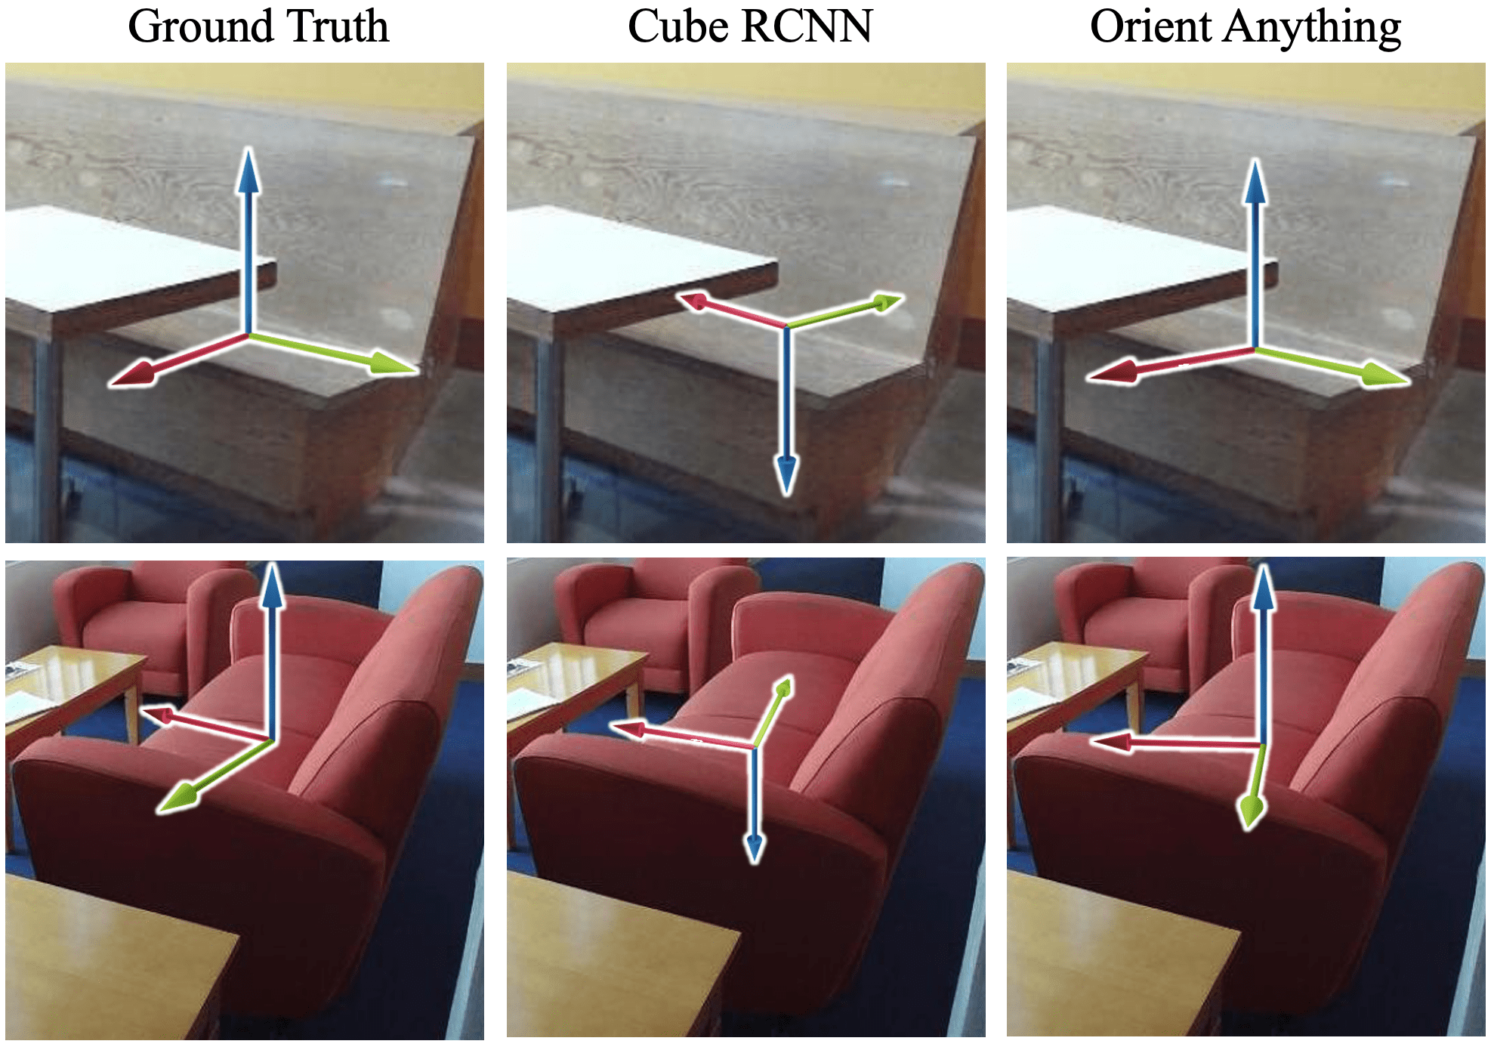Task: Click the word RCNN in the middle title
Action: click(x=807, y=27)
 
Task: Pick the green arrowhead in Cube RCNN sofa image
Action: click(x=783, y=689)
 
